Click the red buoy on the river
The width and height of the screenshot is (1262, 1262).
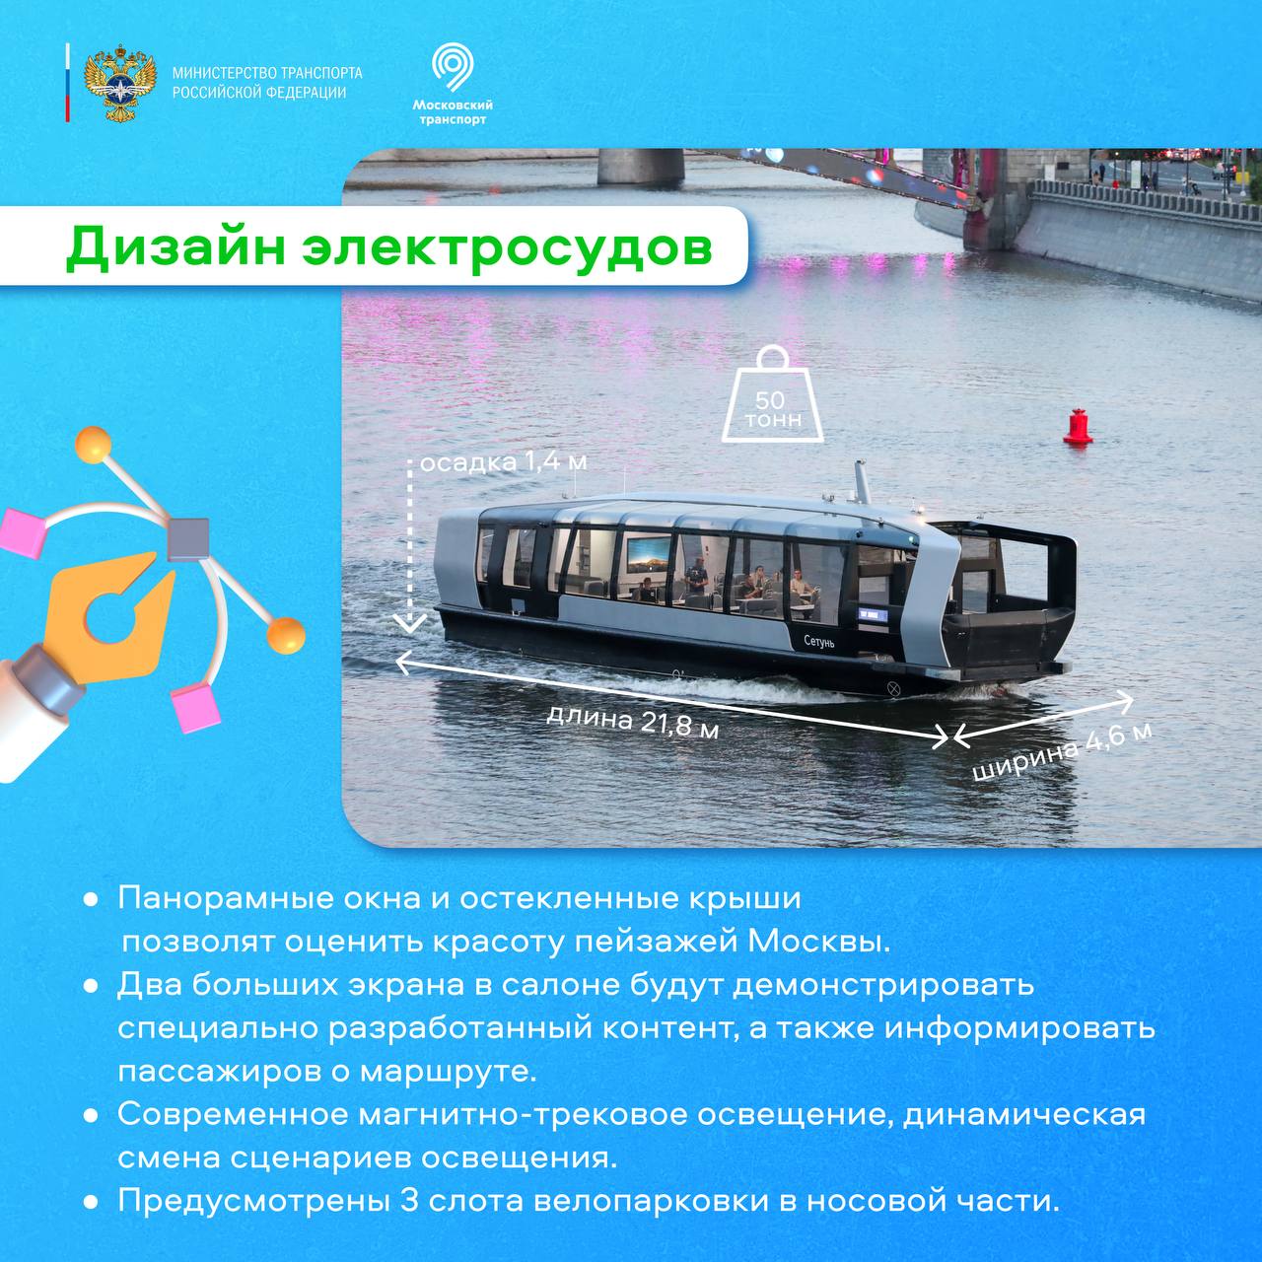coord(1077,426)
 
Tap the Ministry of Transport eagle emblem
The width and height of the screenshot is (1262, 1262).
coord(120,83)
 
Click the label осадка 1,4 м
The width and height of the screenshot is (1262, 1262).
coord(503,462)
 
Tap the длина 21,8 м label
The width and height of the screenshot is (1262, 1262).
coord(633,722)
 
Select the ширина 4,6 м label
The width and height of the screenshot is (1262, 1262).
coord(1062,752)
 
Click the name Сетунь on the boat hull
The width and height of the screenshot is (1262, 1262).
coord(819,642)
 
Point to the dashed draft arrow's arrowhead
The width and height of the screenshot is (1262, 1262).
coord(410,623)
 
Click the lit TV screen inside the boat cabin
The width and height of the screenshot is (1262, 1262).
coord(649,559)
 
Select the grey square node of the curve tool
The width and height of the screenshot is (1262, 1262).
coord(188,539)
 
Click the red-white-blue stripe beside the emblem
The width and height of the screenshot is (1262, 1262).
coord(67,83)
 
